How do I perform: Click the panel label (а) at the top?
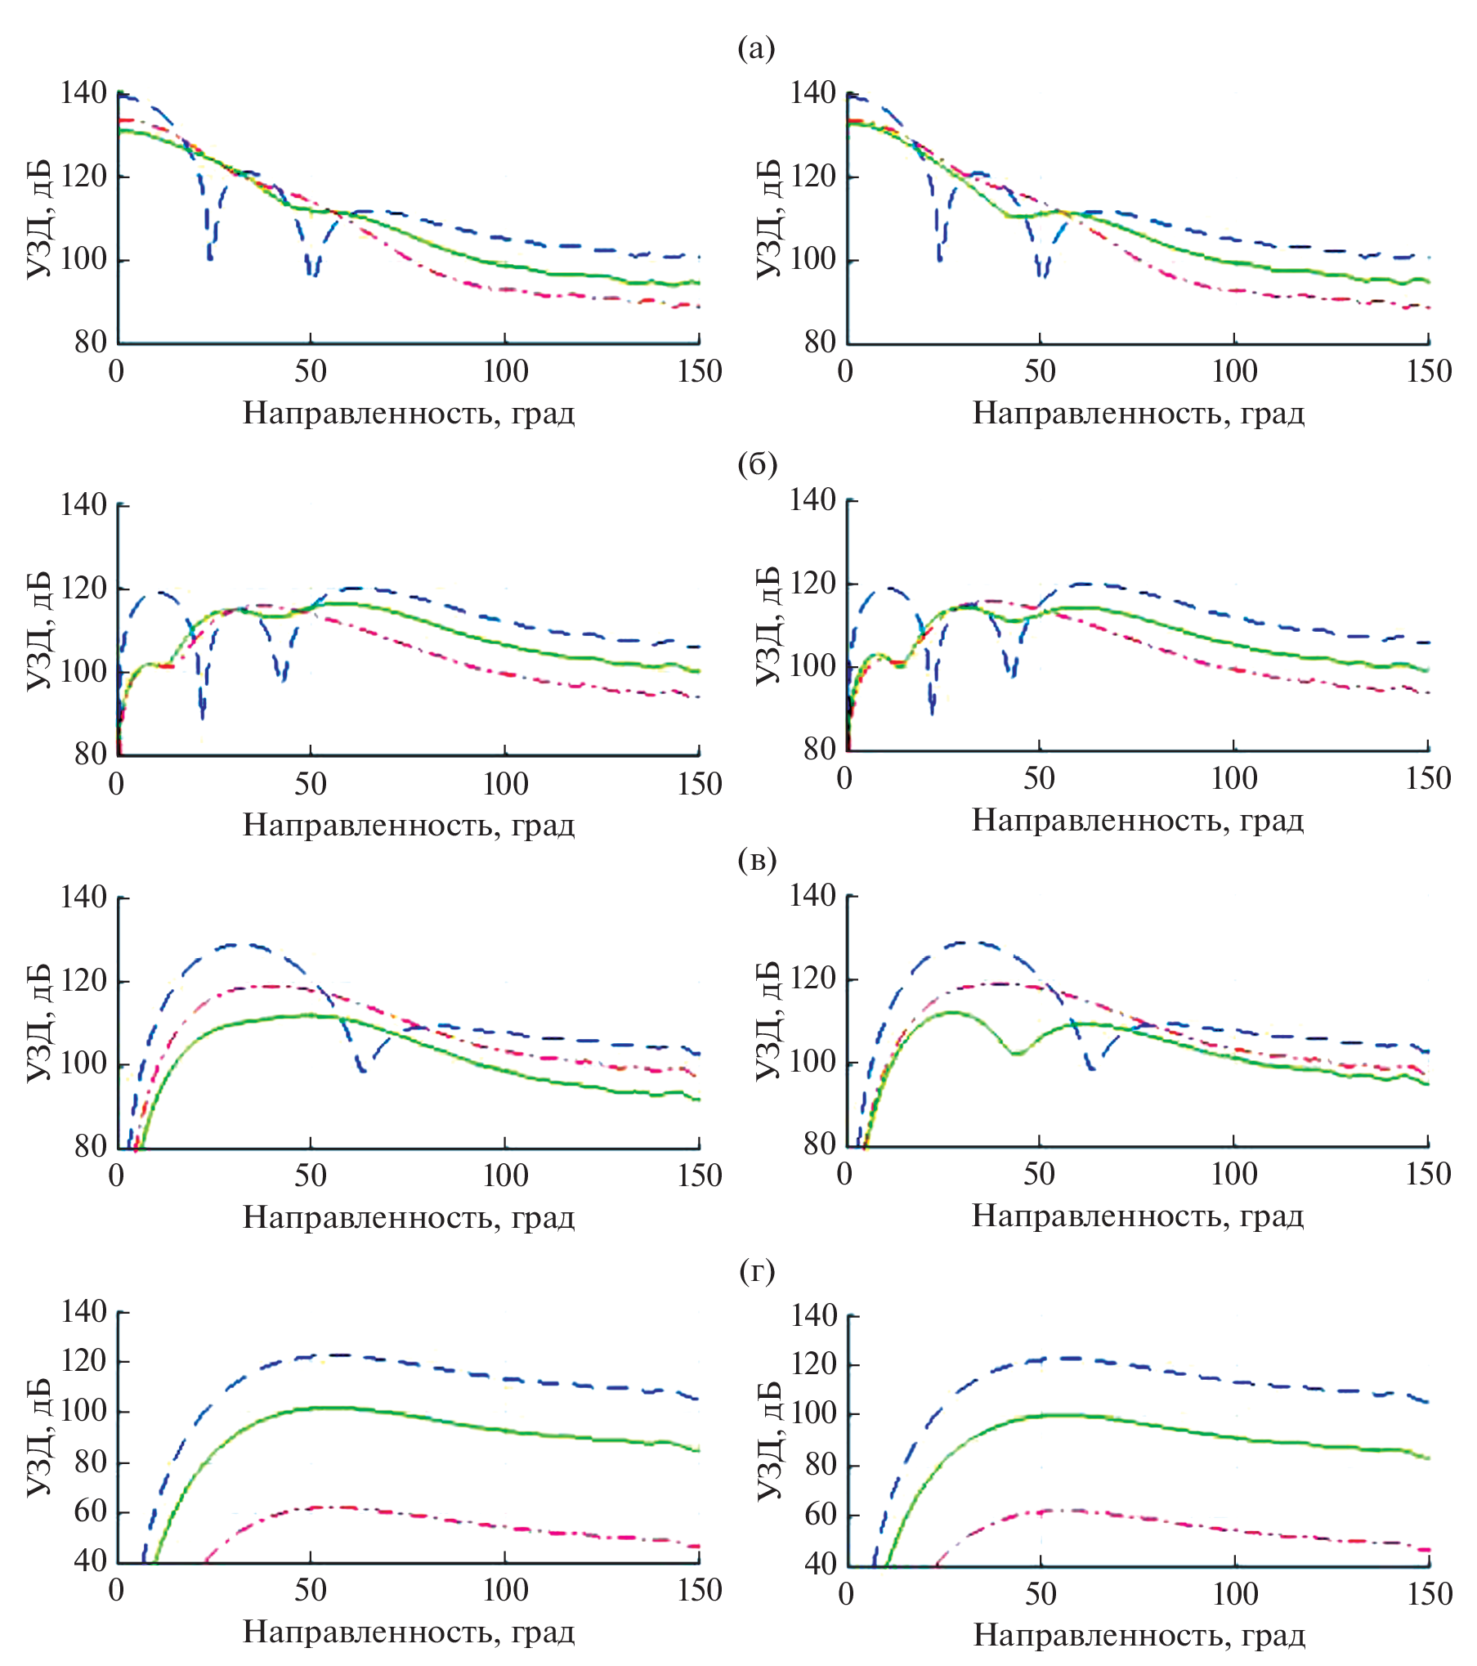[x=756, y=49]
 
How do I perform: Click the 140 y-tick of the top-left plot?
[x=83, y=93]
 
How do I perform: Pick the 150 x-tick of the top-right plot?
[x=1429, y=371]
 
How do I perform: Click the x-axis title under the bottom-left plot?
[x=409, y=1632]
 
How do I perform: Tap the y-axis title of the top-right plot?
[x=768, y=219]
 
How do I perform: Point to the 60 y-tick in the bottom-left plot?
[x=91, y=1511]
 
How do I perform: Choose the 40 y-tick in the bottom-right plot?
[x=821, y=1564]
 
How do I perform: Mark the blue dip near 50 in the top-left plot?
[x=312, y=273]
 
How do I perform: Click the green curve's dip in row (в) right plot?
[x=1017, y=1053]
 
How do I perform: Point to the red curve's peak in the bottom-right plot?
[x=1063, y=1510]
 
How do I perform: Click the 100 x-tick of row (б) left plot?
[x=505, y=784]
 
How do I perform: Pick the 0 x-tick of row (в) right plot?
[x=845, y=1175]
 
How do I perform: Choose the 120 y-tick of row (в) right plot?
[x=812, y=979]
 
